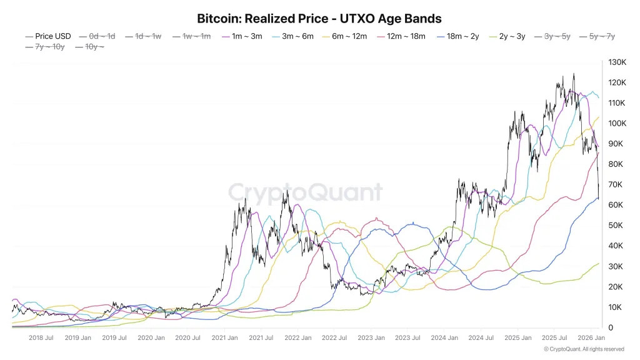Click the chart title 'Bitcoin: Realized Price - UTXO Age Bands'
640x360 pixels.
coord(319,19)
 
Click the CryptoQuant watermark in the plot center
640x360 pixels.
coord(305,191)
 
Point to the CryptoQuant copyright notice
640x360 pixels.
coord(584,349)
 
